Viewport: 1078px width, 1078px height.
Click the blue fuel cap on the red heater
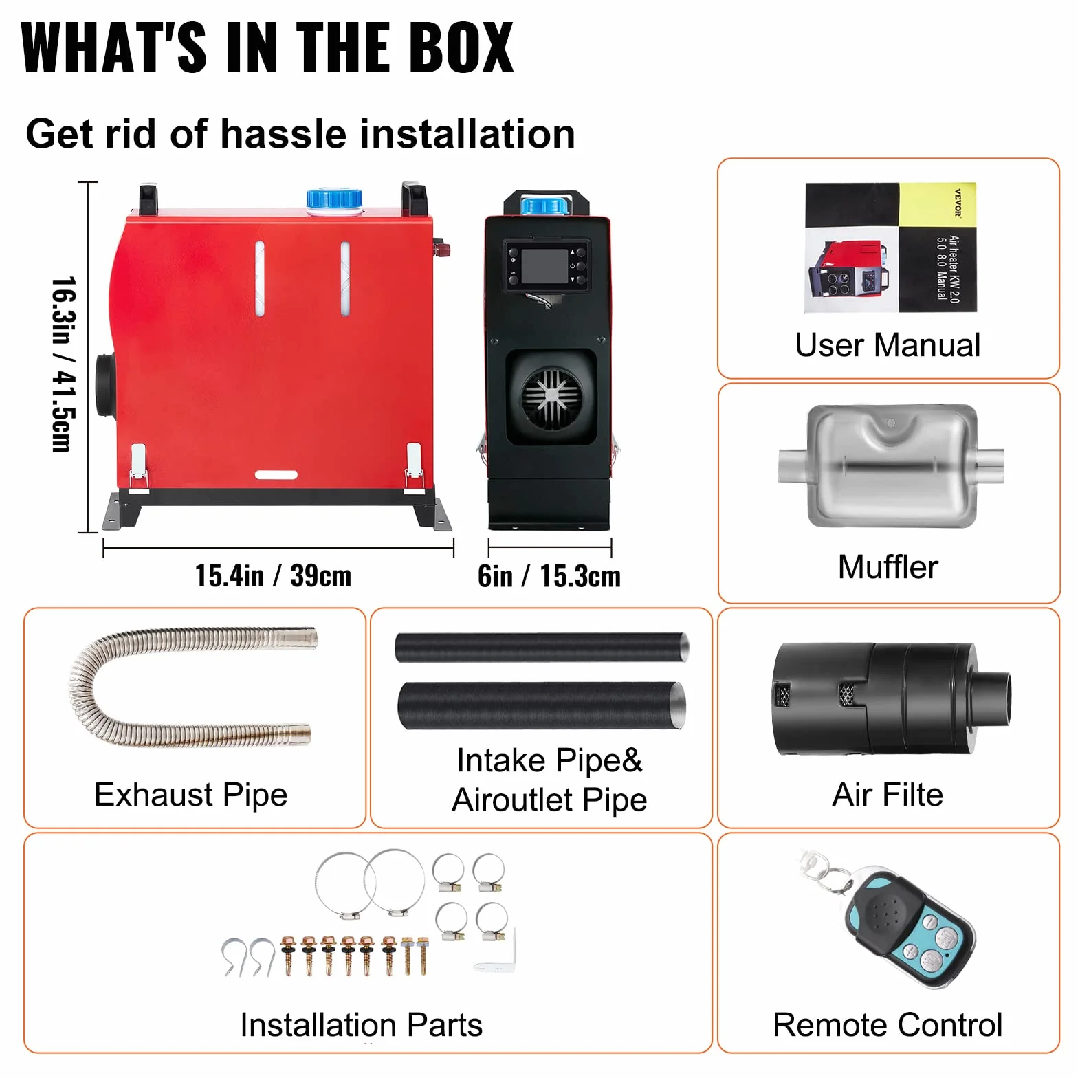point(334,199)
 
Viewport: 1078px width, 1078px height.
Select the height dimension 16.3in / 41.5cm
point(63,364)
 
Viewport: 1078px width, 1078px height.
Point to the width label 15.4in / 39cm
point(273,576)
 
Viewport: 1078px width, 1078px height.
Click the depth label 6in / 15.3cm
point(549,576)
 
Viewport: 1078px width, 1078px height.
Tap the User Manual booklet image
point(891,247)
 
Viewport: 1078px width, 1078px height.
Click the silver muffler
point(891,465)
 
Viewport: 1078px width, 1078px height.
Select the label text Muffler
point(888,567)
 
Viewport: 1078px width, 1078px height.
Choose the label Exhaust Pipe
point(191,795)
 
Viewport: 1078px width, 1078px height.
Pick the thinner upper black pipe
point(542,647)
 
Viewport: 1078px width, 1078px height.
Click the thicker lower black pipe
point(542,705)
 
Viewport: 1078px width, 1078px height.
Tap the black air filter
point(892,698)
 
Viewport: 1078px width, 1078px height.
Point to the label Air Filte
point(888,795)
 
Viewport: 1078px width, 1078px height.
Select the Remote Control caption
point(888,1025)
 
